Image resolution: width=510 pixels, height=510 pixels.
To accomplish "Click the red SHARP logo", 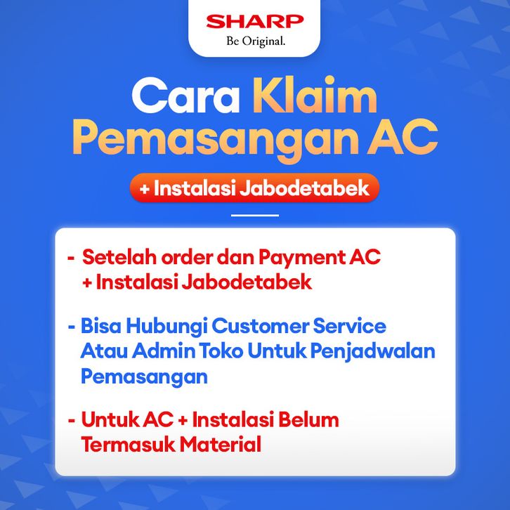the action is pyautogui.click(x=255, y=21).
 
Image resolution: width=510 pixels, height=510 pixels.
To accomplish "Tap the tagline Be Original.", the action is pyautogui.click(x=256, y=41).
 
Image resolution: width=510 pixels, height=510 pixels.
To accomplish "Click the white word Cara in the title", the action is pyautogui.click(x=185, y=96).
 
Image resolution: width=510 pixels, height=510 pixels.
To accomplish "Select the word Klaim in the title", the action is pyautogui.click(x=315, y=94).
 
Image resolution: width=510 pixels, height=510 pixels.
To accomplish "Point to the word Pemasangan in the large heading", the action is pyautogui.click(x=216, y=140).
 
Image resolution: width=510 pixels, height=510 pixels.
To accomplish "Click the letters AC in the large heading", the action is pyautogui.click(x=402, y=136).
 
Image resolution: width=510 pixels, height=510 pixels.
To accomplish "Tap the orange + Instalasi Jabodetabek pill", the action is pyautogui.click(x=255, y=188).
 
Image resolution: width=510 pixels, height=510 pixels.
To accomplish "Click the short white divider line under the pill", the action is pyautogui.click(x=255, y=216).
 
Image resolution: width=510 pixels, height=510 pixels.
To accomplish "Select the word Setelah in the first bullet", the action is pyautogui.click(x=119, y=257).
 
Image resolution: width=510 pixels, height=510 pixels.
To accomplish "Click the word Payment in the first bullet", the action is pyautogui.click(x=301, y=258).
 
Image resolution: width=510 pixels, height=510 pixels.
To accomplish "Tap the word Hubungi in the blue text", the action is pyautogui.click(x=166, y=327).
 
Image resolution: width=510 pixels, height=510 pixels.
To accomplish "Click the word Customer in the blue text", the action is pyautogui.click(x=260, y=326).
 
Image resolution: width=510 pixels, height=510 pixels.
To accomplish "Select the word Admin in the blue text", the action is pyautogui.click(x=164, y=351).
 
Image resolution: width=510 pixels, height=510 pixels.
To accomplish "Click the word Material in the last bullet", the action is pyautogui.click(x=221, y=444).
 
